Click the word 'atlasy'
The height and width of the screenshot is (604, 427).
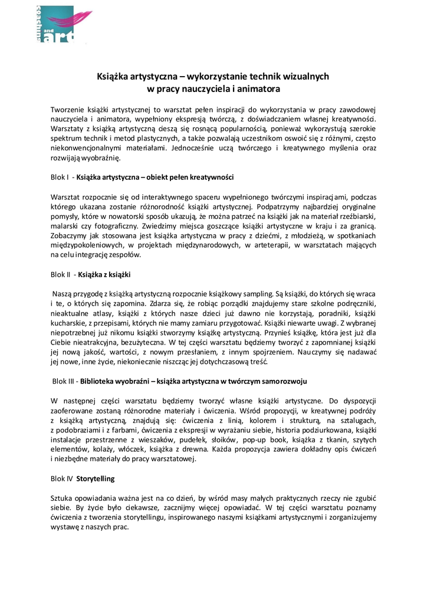pos(110,314)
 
